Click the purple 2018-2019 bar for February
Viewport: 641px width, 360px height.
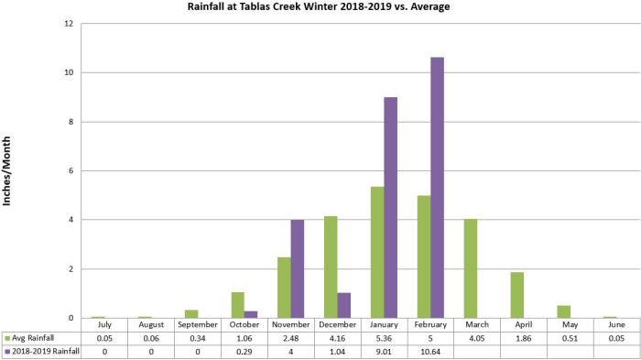(438, 188)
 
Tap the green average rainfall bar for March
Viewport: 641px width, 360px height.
(471, 268)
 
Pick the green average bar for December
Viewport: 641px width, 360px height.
(331, 267)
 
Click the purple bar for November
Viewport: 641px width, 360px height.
(298, 269)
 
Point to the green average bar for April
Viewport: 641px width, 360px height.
(516, 295)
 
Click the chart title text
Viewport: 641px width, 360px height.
(320, 8)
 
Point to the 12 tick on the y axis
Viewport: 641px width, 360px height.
(69, 24)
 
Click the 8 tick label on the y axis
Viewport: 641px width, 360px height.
(71, 122)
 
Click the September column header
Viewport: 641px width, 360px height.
(198, 325)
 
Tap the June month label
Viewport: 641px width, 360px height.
(616, 325)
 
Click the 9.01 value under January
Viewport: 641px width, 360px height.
(385, 352)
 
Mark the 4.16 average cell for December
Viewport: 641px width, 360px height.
(337, 338)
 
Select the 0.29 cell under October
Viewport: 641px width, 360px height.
(244, 352)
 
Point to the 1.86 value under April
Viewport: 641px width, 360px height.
(524, 338)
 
